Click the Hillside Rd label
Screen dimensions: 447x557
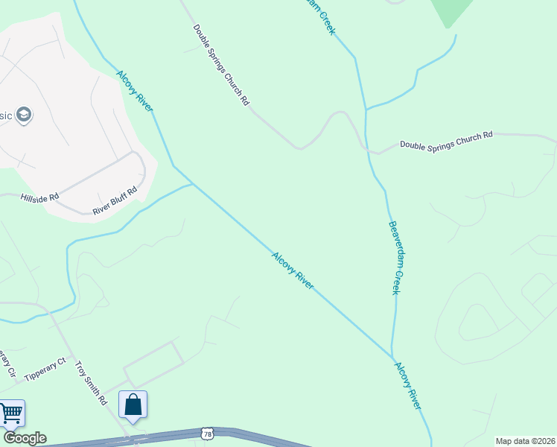pos(39,198)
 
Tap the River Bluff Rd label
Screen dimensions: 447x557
pos(115,201)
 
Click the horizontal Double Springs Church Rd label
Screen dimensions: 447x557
pos(446,141)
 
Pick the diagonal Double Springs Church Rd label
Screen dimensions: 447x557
pos(221,65)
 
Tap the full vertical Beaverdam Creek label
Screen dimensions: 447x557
pos(395,257)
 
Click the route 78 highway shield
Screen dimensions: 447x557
pos(206,433)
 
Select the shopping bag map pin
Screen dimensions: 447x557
pos(133,405)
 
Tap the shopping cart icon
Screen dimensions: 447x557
pos(10,413)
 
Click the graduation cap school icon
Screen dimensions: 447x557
pos(23,115)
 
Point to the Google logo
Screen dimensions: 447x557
pos(25,438)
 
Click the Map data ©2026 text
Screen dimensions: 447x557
pos(525,441)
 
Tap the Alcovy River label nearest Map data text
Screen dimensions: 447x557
pos(408,385)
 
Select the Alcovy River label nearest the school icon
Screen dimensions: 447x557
pos(135,91)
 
